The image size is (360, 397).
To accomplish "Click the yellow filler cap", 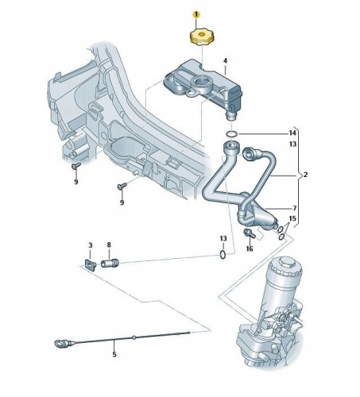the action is (202, 38).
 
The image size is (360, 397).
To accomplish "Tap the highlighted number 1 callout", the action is (196, 14).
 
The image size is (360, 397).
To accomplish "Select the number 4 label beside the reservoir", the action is (225, 61).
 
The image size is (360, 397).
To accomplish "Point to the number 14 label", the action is (292, 133).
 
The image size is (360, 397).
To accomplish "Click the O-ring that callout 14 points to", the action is (232, 134).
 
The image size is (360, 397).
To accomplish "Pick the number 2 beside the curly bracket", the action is (305, 175).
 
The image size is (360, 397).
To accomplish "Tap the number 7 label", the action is (295, 208).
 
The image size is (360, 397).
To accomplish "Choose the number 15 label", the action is (292, 218).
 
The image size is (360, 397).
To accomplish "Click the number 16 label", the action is (250, 249).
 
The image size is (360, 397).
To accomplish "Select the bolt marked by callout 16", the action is (249, 233).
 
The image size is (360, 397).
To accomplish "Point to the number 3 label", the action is (91, 245).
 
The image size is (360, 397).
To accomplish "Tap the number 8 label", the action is (109, 245).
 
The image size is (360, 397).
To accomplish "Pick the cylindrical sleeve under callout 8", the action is (110, 264).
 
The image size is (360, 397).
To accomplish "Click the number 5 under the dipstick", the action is (114, 354).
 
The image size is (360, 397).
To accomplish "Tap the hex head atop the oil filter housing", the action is (286, 263).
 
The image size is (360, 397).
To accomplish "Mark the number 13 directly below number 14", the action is (292, 145).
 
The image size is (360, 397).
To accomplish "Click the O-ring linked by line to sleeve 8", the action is (223, 255).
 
